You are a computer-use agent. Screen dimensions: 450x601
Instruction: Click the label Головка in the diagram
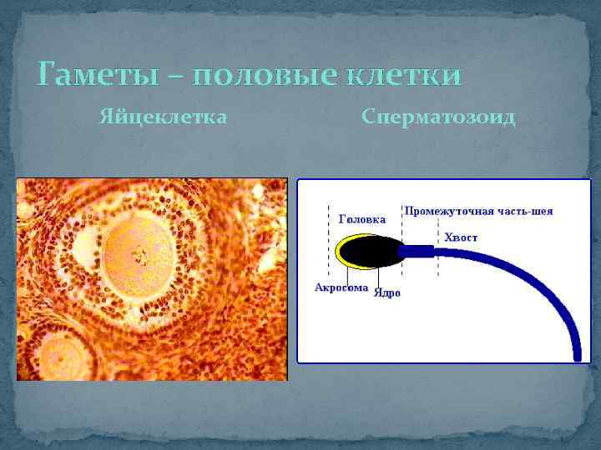point(361,220)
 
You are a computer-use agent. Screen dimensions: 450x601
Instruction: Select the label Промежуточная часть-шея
point(478,211)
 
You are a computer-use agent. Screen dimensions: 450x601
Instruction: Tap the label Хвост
point(462,237)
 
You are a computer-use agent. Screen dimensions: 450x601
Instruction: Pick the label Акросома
point(341,287)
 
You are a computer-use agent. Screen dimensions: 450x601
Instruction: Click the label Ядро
point(387,293)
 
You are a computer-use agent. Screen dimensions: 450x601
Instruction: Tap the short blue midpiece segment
point(417,251)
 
